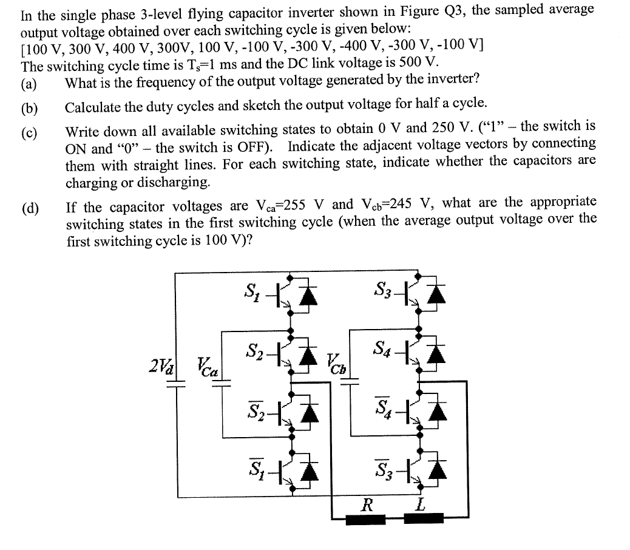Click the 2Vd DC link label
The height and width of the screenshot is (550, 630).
pos(160,366)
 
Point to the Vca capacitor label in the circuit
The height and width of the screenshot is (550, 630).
pos(207,365)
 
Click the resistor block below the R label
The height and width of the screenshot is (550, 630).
pos(365,520)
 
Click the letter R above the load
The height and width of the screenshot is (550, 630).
pos(367,504)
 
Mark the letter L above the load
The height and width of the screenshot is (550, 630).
pos(421,504)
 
